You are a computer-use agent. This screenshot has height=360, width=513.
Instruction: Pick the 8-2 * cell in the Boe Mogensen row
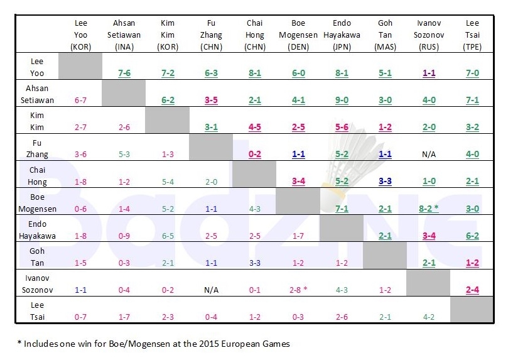click(428, 208)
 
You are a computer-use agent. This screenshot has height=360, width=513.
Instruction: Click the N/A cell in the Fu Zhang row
click(428, 154)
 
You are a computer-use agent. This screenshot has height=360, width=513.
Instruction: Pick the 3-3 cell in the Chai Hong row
click(385, 181)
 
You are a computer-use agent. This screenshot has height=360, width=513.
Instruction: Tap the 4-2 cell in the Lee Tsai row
click(428, 317)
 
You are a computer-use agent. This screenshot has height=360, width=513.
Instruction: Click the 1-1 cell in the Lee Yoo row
click(428, 73)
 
